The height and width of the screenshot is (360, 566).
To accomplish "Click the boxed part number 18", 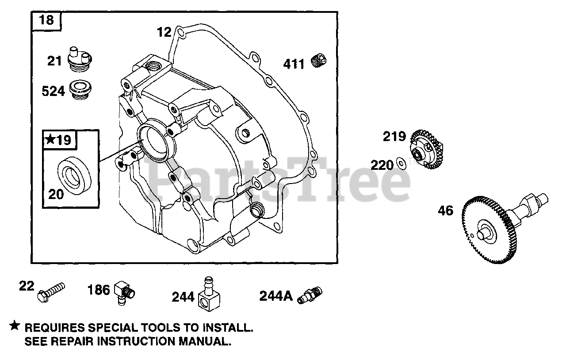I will tap(46, 20).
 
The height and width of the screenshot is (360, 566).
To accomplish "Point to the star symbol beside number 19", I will tap(50, 140).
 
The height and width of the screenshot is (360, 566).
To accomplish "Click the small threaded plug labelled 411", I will tap(317, 61).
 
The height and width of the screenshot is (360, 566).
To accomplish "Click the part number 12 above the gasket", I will tap(163, 32).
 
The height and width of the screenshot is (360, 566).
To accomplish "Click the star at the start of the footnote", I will tap(15, 326).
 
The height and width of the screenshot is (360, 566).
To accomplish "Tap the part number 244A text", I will tap(276, 295).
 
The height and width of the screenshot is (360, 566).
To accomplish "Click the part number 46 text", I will tap(445, 211).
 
